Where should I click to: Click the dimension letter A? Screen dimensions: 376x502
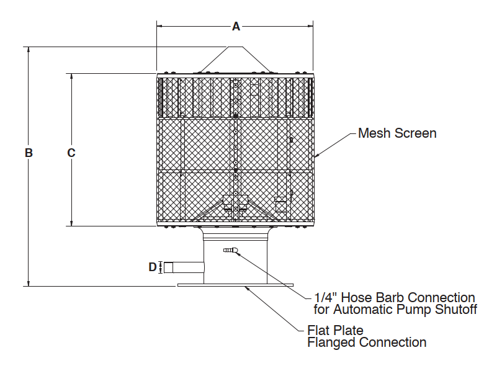point(236,27)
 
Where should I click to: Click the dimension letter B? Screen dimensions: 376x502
point(29,153)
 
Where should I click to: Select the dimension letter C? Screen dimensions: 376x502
point(71,153)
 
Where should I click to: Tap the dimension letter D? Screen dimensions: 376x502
point(153,267)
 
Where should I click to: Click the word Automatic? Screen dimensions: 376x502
point(360,309)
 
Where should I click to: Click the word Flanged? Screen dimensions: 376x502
point(333,342)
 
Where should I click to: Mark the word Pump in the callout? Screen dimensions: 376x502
point(406,309)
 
